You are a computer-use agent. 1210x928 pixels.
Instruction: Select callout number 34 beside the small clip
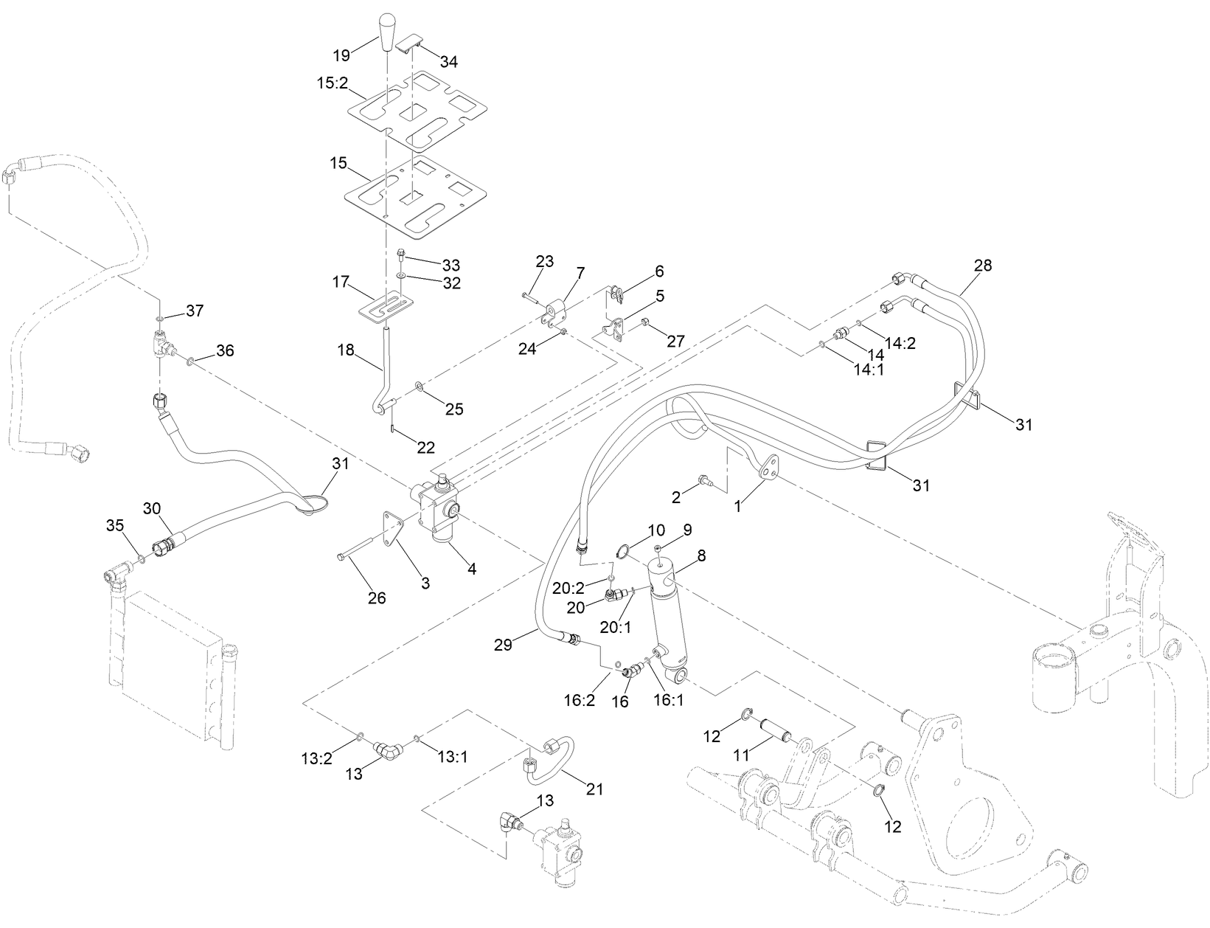tap(448, 62)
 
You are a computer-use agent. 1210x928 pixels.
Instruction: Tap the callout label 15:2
tap(332, 83)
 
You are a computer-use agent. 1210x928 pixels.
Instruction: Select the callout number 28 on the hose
tap(983, 265)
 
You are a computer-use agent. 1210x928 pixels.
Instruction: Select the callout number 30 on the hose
tap(152, 509)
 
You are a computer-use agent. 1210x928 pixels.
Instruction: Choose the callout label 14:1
tap(869, 370)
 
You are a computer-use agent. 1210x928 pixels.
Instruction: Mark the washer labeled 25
tap(420, 387)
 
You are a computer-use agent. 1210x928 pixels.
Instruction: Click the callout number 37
tap(194, 311)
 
